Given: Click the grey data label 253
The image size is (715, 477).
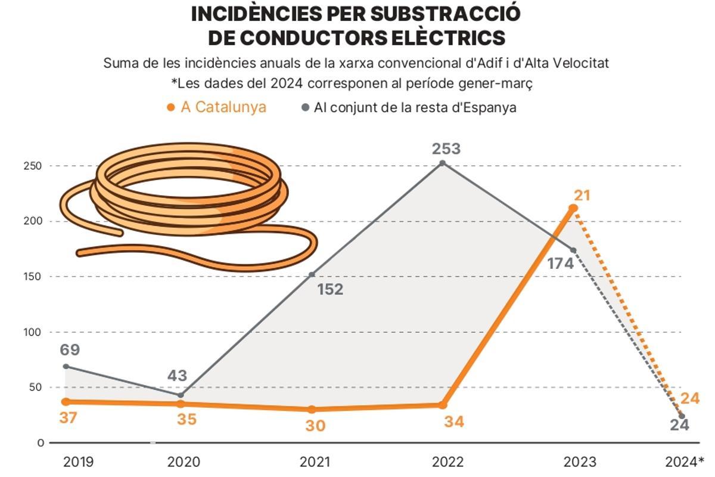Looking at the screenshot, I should (x=446, y=149).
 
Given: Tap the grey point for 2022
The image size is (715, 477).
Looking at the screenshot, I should (x=442, y=163).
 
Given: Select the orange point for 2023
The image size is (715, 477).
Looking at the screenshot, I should (x=573, y=208).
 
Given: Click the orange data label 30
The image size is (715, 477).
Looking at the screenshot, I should (x=316, y=426).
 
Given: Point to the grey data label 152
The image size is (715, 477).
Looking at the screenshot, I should (x=330, y=290).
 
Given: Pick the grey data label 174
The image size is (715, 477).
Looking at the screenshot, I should (x=560, y=263).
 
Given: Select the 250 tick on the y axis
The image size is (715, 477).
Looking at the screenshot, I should (x=32, y=166).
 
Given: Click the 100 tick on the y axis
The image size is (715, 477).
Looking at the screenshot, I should (x=32, y=332).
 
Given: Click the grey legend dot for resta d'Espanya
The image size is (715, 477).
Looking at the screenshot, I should (x=306, y=107).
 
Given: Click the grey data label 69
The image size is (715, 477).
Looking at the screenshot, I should (x=70, y=350).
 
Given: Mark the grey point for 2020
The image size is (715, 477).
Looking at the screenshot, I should (x=181, y=395).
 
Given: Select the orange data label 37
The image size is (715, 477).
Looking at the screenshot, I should (x=69, y=418).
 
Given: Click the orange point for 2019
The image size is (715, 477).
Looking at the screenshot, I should (x=66, y=402).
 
